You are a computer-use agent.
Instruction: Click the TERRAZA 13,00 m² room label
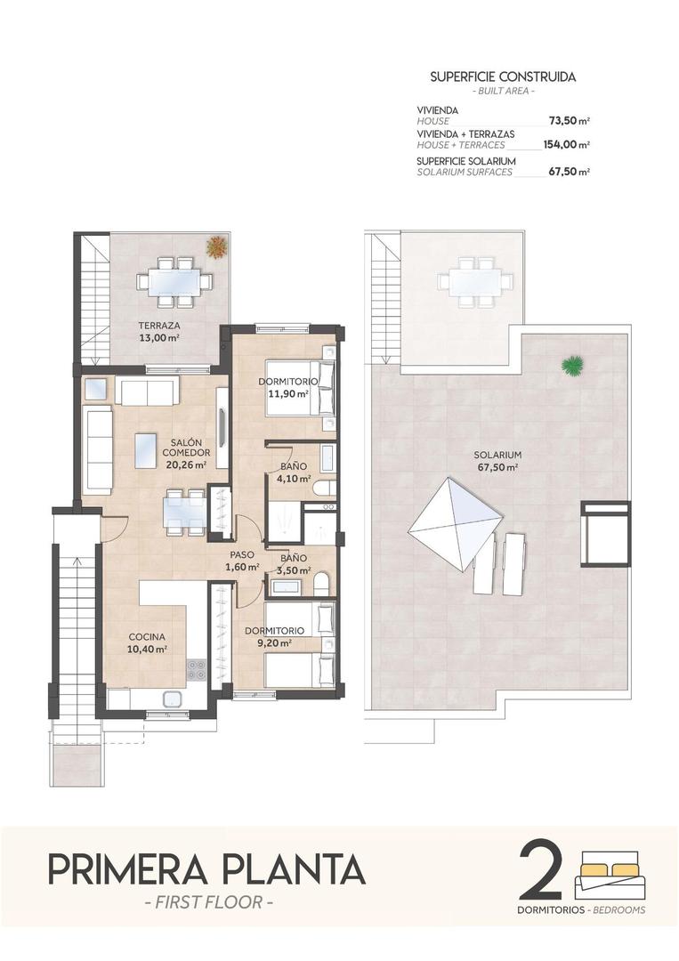click(159, 332)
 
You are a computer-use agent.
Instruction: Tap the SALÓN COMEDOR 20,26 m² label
click(186, 453)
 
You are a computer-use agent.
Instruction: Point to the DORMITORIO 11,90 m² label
click(287, 388)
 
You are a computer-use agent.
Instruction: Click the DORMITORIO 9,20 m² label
click(274, 637)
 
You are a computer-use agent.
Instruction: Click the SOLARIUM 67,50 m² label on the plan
click(497, 461)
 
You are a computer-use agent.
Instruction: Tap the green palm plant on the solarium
click(572, 364)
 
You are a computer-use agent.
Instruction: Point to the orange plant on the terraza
click(215, 246)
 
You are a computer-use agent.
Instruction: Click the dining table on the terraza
click(176, 280)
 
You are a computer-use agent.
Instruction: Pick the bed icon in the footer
click(610, 875)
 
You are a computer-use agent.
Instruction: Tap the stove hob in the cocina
click(195, 672)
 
